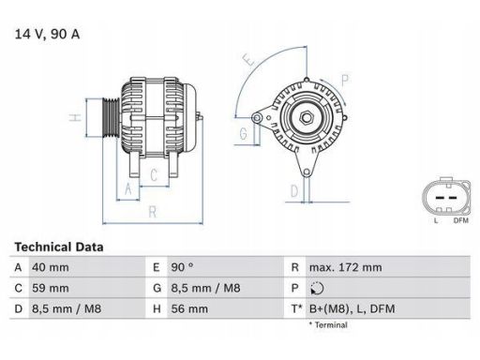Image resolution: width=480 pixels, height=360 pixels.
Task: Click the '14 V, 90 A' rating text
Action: pyautogui.click(x=46, y=36)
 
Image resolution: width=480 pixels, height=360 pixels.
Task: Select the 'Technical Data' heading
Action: pyautogui.click(x=58, y=247)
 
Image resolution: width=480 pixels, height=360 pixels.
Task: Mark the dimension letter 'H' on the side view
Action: pyautogui.click(x=73, y=118)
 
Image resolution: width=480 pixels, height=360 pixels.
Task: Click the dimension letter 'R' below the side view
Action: pyautogui.click(x=152, y=212)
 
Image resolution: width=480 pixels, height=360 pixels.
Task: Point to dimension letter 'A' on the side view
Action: pyautogui.click(x=128, y=187)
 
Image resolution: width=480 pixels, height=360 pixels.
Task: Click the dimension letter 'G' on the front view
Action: pyautogui.click(x=244, y=134)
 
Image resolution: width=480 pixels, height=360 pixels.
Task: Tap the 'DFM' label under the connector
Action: pyautogui.click(x=460, y=220)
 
